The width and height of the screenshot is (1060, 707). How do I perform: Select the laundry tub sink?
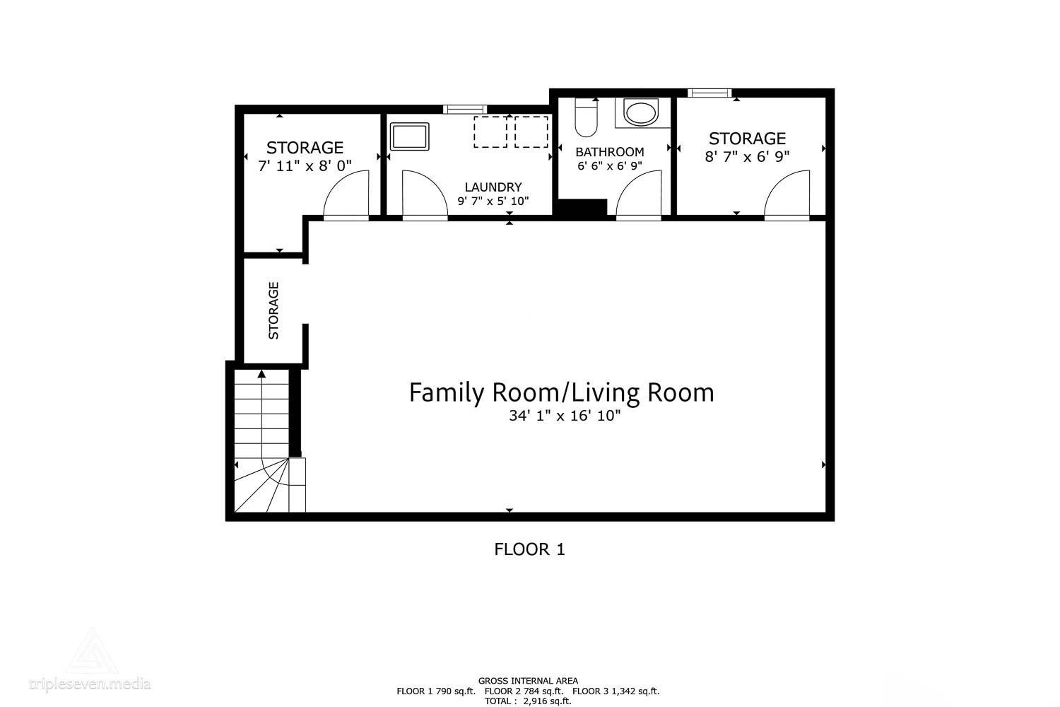point(410,136)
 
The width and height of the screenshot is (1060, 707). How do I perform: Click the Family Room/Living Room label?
point(562,392)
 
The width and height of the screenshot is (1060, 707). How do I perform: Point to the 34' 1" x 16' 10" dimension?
point(564,416)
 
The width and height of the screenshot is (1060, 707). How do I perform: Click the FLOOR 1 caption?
point(529,549)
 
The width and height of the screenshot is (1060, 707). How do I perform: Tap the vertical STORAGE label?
point(274,310)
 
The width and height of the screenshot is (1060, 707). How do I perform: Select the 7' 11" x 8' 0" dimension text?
point(305,166)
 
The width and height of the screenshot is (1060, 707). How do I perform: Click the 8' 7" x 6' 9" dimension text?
point(747,157)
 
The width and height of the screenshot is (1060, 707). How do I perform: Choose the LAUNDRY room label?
point(493,187)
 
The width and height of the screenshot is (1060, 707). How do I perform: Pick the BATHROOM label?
point(609,152)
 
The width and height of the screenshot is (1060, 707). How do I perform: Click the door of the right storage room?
point(787,196)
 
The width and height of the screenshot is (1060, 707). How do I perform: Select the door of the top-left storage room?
point(346,196)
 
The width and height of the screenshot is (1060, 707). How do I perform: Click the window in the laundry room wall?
point(465,109)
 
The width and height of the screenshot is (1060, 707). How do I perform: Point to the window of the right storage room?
point(709,93)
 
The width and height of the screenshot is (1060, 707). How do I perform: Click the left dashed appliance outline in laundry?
point(490,132)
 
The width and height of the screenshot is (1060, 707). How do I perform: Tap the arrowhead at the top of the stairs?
point(261,373)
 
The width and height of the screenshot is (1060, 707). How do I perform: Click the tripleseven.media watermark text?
point(90,684)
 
